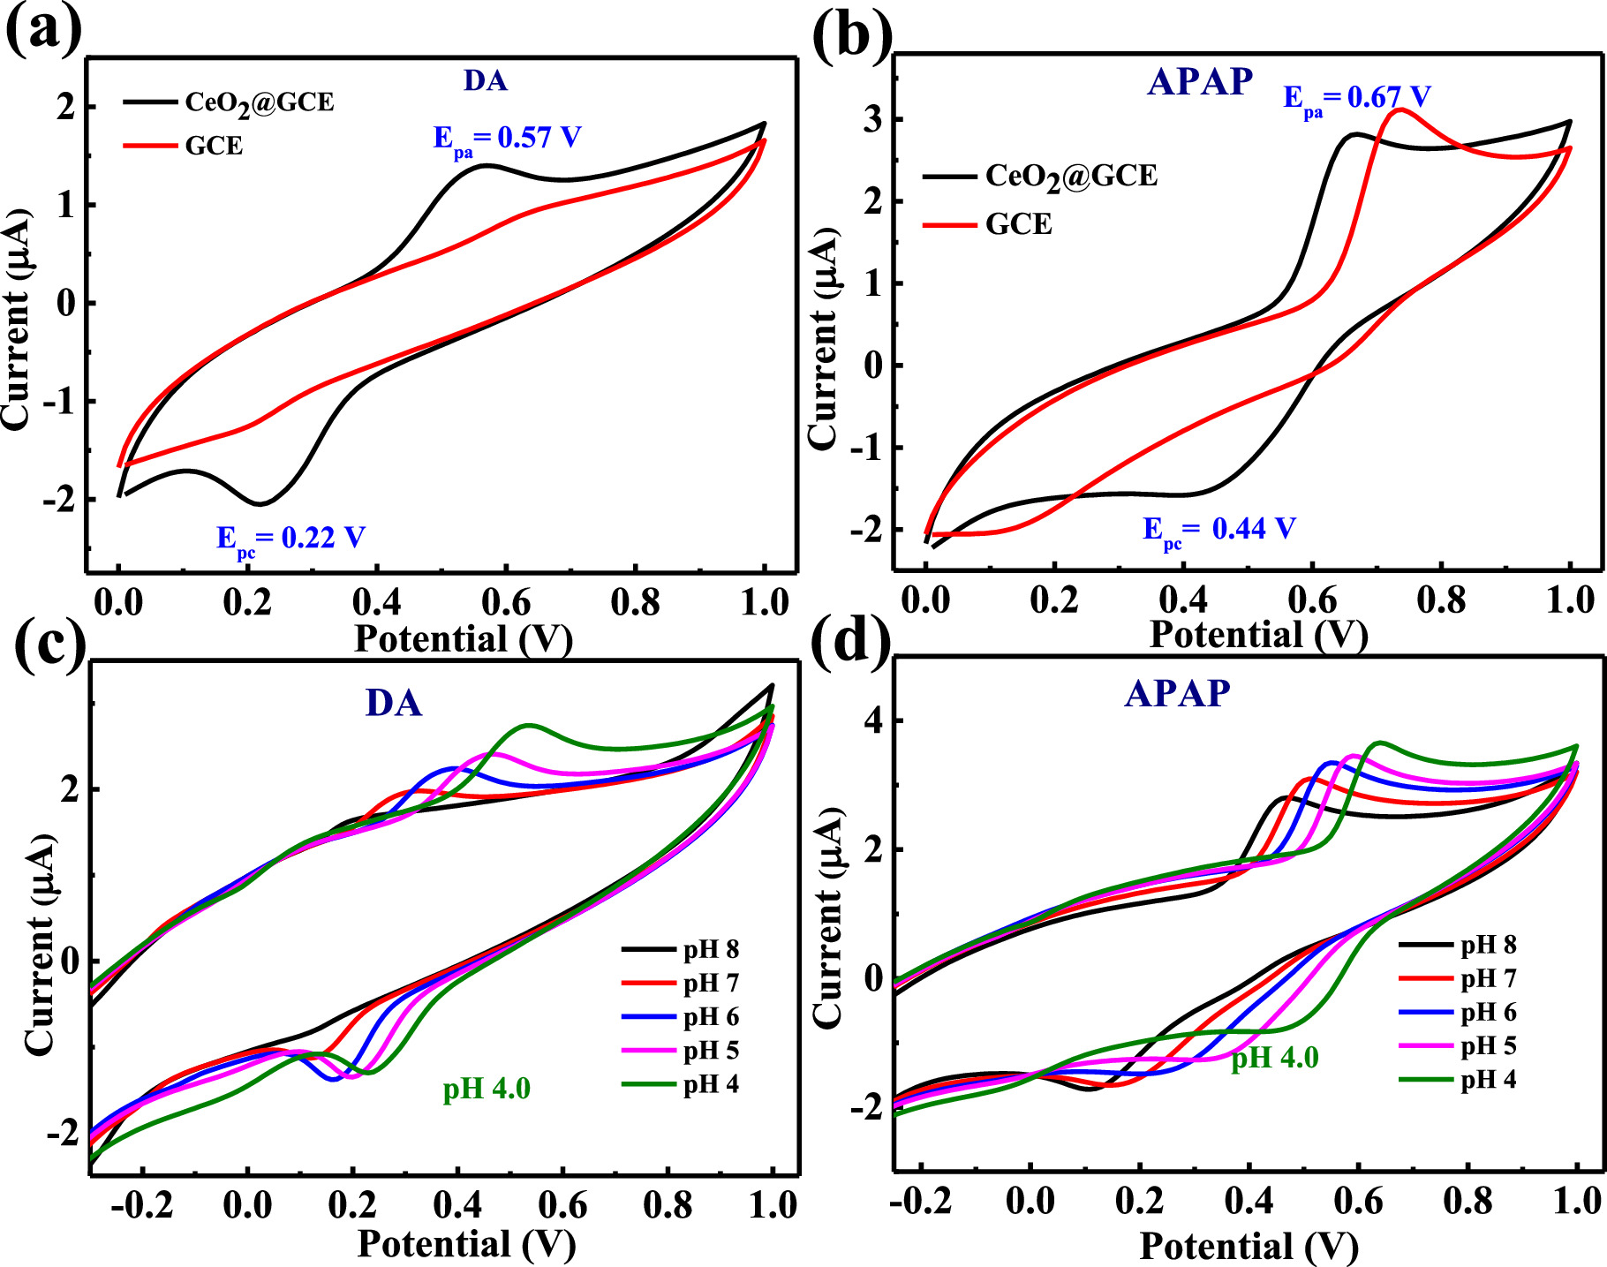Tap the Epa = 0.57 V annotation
pos(507,139)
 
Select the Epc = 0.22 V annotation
pos(290,539)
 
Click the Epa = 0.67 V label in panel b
pos(1356,98)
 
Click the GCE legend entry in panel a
pos(214,146)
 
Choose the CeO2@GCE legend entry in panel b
pos(1070,177)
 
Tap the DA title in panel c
pos(394,704)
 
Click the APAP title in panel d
pos(1177,694)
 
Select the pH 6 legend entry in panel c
pos(710,1017)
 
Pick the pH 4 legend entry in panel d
pos(1488,1080)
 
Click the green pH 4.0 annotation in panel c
pos(487,1089)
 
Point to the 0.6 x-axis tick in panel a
pos(506,603)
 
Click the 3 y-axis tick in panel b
pos(872,119)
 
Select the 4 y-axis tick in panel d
pos(872,720)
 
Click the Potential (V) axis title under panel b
pos(1257,635)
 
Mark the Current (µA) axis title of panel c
pos(39,945)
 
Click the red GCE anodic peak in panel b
pos(1399,110)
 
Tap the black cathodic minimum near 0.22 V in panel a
pos(260,504)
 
